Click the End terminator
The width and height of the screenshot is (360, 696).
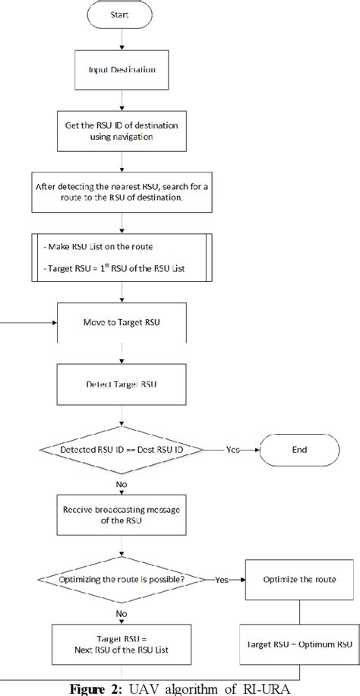tap(299, 449)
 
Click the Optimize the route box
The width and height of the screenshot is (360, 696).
tap(298, 579)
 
